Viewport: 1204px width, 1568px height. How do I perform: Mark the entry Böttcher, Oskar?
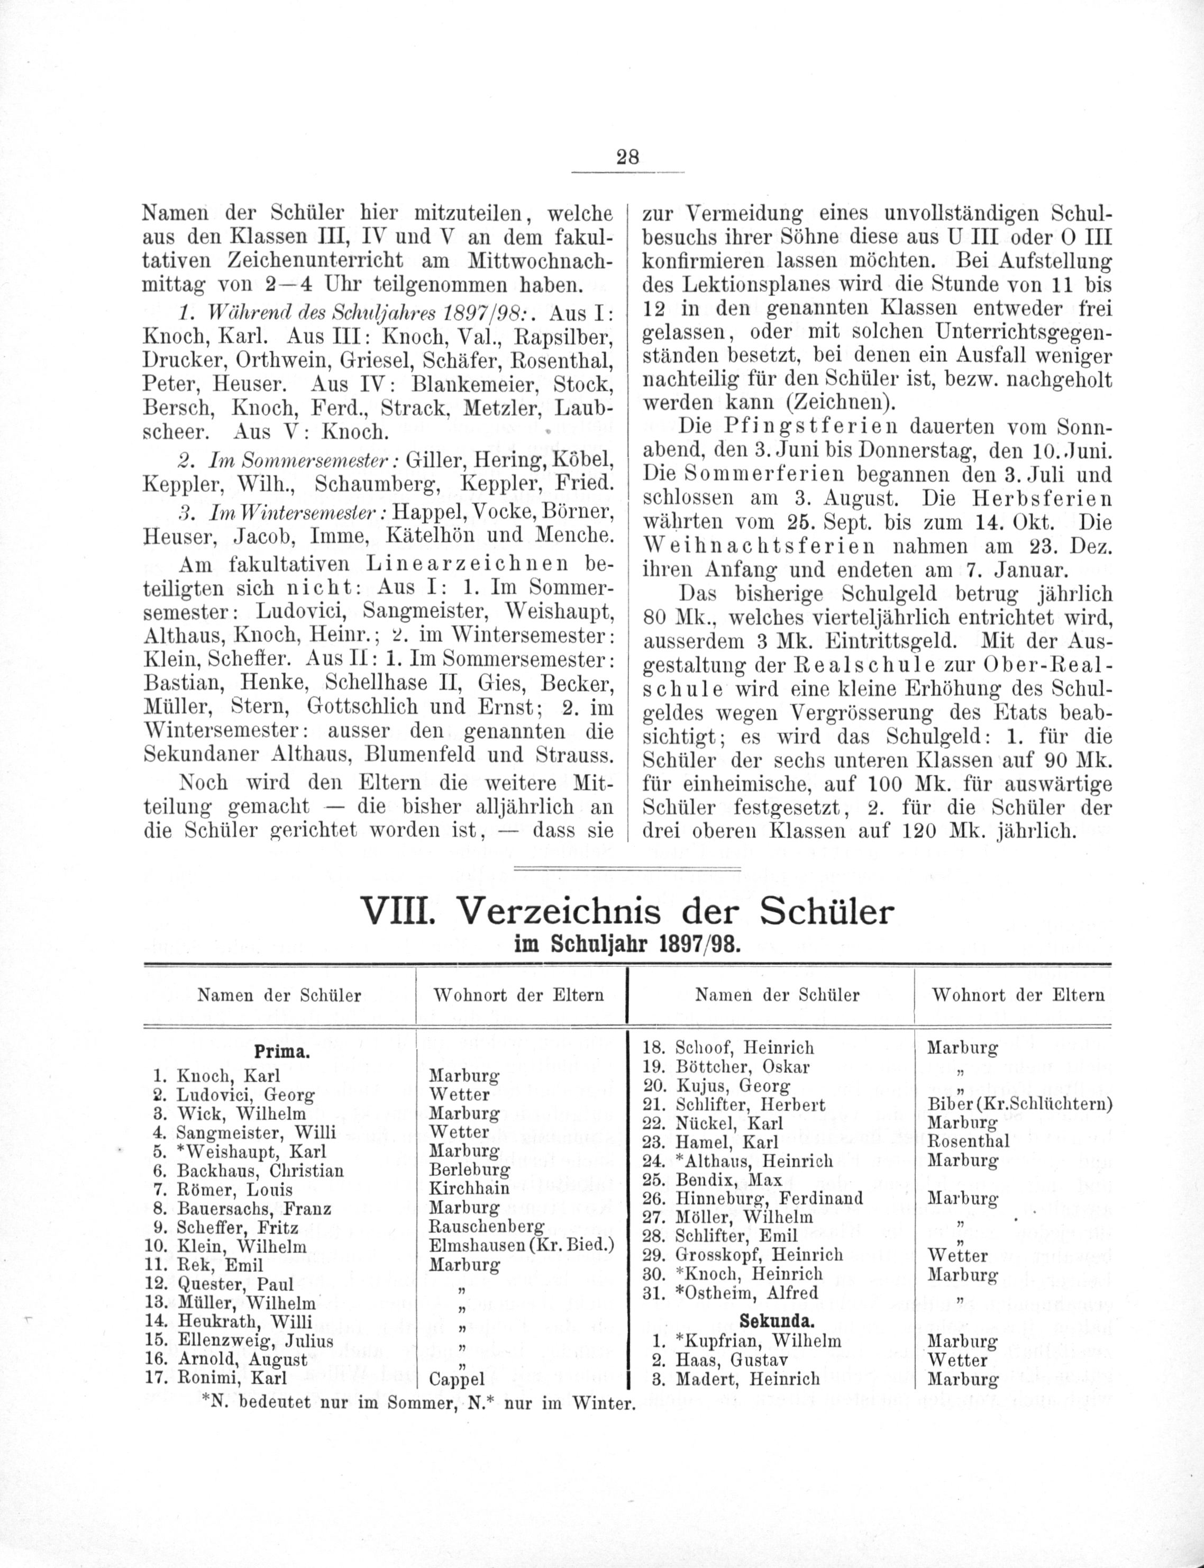click(743, 1066)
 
